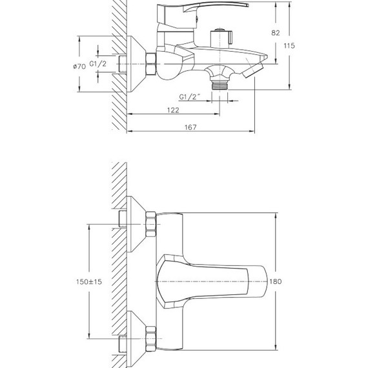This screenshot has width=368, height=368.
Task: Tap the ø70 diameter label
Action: pyautogui.click(x=79, y=66)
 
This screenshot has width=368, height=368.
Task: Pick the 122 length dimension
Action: pyautogui.click(x=172, y=110)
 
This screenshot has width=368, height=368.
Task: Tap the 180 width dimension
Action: pyautogui.click(x=276, y=281)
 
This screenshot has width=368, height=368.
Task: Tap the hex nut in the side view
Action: pyautogui.click(x=151, y=63)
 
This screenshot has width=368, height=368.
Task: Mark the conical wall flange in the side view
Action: pyautogui.click(x=135, y=63)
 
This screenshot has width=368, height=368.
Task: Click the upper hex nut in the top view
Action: pyautogui.click(x=152, y=225)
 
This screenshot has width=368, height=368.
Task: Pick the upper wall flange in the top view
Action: pyautogui.click(x=136, y=224)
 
